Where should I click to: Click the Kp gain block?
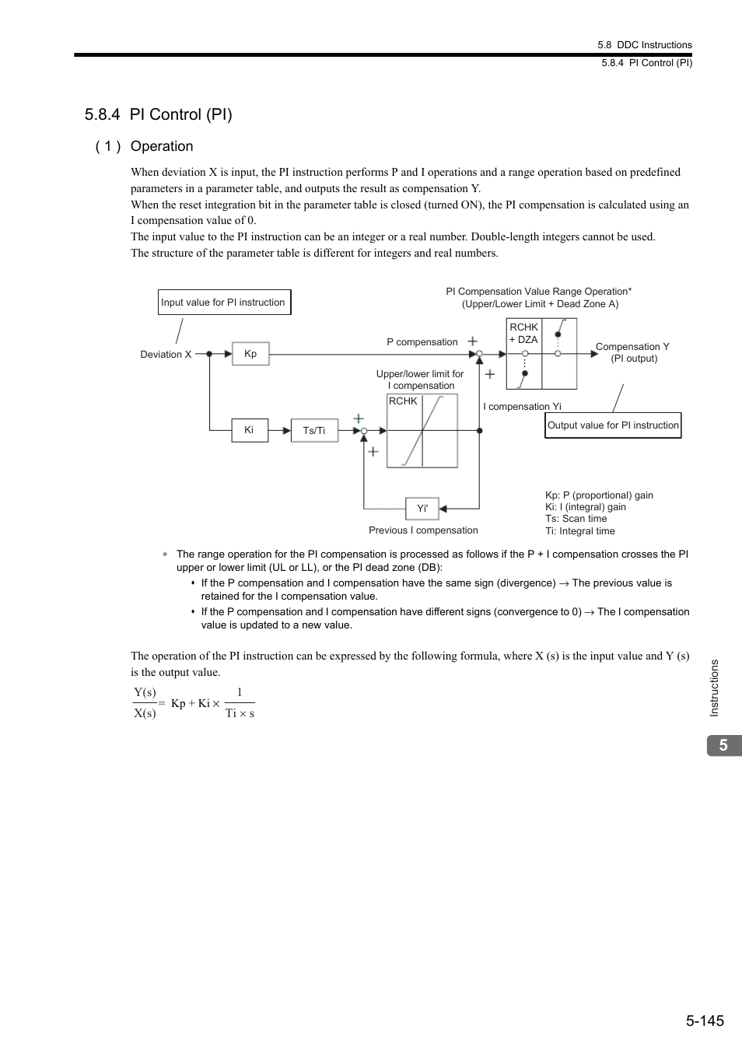(x=250, y=354)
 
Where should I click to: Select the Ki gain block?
(x=250, y=430)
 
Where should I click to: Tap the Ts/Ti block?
(x=314, y=431)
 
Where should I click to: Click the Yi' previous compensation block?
(x=422, y=509)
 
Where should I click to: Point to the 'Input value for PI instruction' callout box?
(x=224, y=303)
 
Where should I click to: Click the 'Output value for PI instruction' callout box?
(x=613, y=425)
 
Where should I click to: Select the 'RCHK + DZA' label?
(x=523, y=334)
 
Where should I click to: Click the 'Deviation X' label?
(x=166, y=355)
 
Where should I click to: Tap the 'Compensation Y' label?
(x=632, y=347)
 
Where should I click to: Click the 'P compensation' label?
(x=422, y=342)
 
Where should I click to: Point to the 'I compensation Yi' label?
(x=522, y=407)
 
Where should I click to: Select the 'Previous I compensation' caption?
(x=423, y=530)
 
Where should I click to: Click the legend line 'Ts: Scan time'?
(x=576, y=519)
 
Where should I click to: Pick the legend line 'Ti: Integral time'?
(x=579, y=531)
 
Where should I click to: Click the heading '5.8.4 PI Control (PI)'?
(x=159, y=114)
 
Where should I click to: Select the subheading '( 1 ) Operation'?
(x=145, y=146)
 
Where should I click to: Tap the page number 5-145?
(x=705, y=1020)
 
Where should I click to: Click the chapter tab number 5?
(x=723, y=745)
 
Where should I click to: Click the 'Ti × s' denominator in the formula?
(x=240, y=713)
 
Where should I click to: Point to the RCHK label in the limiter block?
(x=403, y=401)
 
